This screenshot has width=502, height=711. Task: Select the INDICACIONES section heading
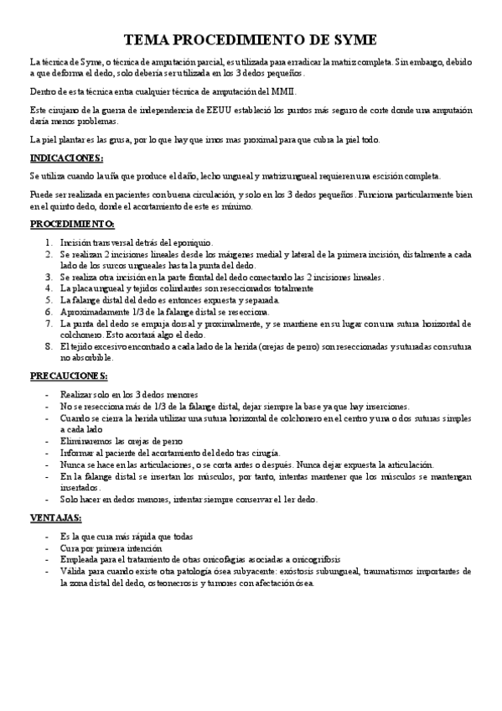pos(67,158)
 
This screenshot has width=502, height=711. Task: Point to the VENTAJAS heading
pos(56,517)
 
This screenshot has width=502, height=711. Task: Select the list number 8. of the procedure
pos(50,345)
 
